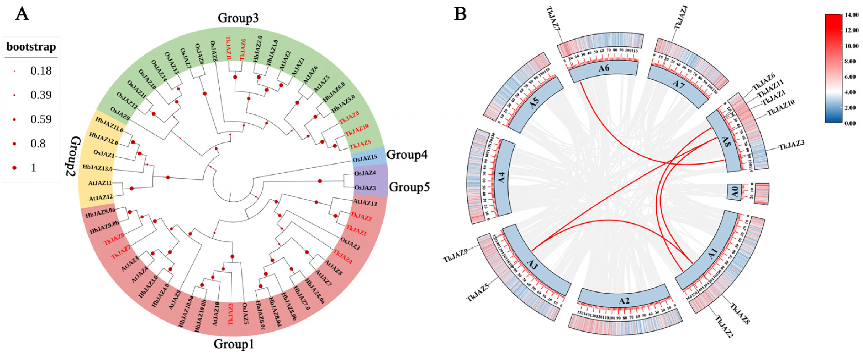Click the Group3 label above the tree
(x=238, y=18)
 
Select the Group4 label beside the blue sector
(x=407, y=155)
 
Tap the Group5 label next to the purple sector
(x=409, y=187)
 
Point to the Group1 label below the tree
(x=234, y=344)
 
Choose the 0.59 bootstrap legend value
(x=41, y=120)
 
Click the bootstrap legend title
(x=31, y=47)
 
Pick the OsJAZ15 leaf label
(x=365, y=158)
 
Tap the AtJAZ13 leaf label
(x=365, y=203)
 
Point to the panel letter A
(x=22, y=14)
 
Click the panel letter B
(x=460, y=14)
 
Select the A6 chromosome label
(x=603, y=68)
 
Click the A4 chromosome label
(x=501, y=178)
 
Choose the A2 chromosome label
(x=624, y=301)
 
